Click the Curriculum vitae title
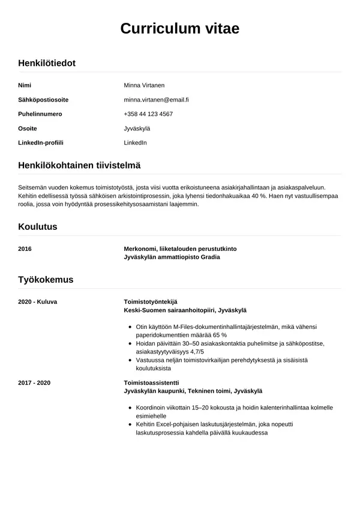tap(180, 29)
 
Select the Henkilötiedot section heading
tap(47, 63)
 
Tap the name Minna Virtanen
tap(144, 85)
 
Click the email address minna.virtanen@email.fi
tap(157, 100)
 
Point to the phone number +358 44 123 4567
tap(148, 114)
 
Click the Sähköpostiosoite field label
tap(43, 100)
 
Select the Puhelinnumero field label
tap(40, 114)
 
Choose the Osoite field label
tap(28, 128)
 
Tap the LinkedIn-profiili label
tap(41, 143)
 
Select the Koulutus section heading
tap(38, 227)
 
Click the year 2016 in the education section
tap(25, 248)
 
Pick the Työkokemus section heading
tap(46, 280)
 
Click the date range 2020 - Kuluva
tap(38, 301)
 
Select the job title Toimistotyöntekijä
tap(151, 301)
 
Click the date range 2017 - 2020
tap(34, 382)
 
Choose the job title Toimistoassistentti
tap(151, 382)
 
